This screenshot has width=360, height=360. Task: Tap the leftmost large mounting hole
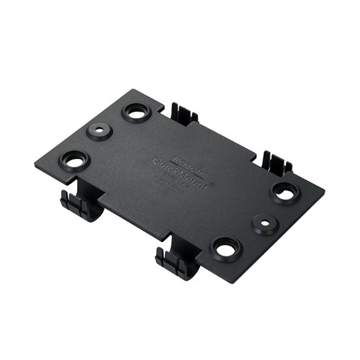[x=76, y=160]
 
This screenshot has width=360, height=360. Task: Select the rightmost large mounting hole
[x=285, y=192]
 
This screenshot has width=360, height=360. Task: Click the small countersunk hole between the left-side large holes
[x=98, y=132]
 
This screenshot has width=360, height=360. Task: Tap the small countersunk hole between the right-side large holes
[x=266, y=223]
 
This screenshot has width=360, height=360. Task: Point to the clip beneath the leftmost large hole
[x=80, y=204]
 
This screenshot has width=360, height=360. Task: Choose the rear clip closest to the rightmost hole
[x=275, y=163]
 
